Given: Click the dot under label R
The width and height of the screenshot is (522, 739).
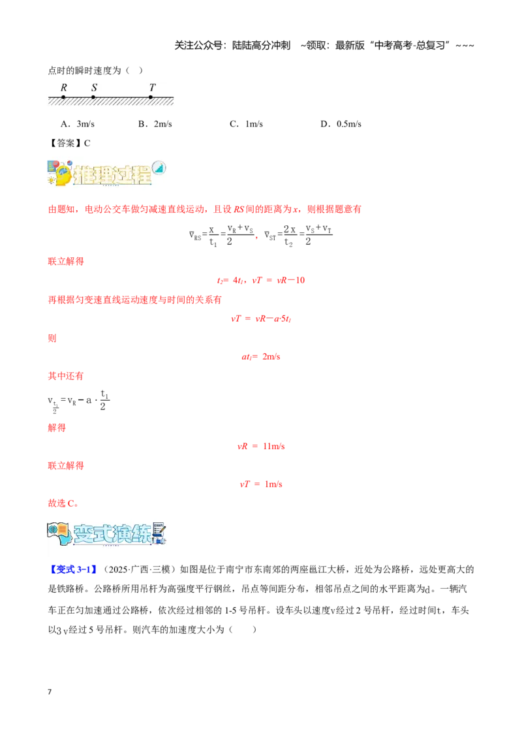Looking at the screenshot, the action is [63, 97].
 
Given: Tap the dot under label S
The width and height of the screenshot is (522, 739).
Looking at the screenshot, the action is [93, 97].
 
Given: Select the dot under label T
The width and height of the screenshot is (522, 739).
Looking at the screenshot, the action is [151, 97].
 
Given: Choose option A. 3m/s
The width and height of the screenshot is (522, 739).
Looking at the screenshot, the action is [78, 124].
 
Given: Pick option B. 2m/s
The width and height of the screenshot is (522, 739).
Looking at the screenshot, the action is [155, 124].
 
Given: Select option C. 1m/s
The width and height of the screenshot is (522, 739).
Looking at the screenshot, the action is [247, 124].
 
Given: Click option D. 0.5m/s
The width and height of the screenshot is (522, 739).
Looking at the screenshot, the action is [341, 124].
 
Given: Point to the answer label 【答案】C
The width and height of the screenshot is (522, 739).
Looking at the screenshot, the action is [69, 143].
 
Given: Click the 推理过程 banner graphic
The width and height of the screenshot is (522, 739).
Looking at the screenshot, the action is [106, 173].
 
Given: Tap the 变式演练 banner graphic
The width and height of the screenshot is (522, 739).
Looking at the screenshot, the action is [106, 533].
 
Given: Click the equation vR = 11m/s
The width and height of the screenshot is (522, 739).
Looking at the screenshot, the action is [261, 447].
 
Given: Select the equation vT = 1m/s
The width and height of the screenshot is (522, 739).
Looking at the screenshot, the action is [261, 484].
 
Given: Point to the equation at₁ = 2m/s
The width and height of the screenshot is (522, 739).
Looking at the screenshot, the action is [261, 357].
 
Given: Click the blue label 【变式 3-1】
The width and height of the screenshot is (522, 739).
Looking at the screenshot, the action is [73, 569].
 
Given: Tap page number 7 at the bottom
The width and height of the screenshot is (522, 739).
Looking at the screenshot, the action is [50, 692].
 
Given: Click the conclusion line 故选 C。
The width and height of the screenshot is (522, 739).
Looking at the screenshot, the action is [63, 503].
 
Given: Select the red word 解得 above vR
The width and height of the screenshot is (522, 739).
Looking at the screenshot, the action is [57, 428].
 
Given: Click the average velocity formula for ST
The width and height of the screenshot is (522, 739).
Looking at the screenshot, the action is [298, 235].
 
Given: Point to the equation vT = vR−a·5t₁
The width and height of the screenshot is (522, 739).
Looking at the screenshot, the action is [261, 319].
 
